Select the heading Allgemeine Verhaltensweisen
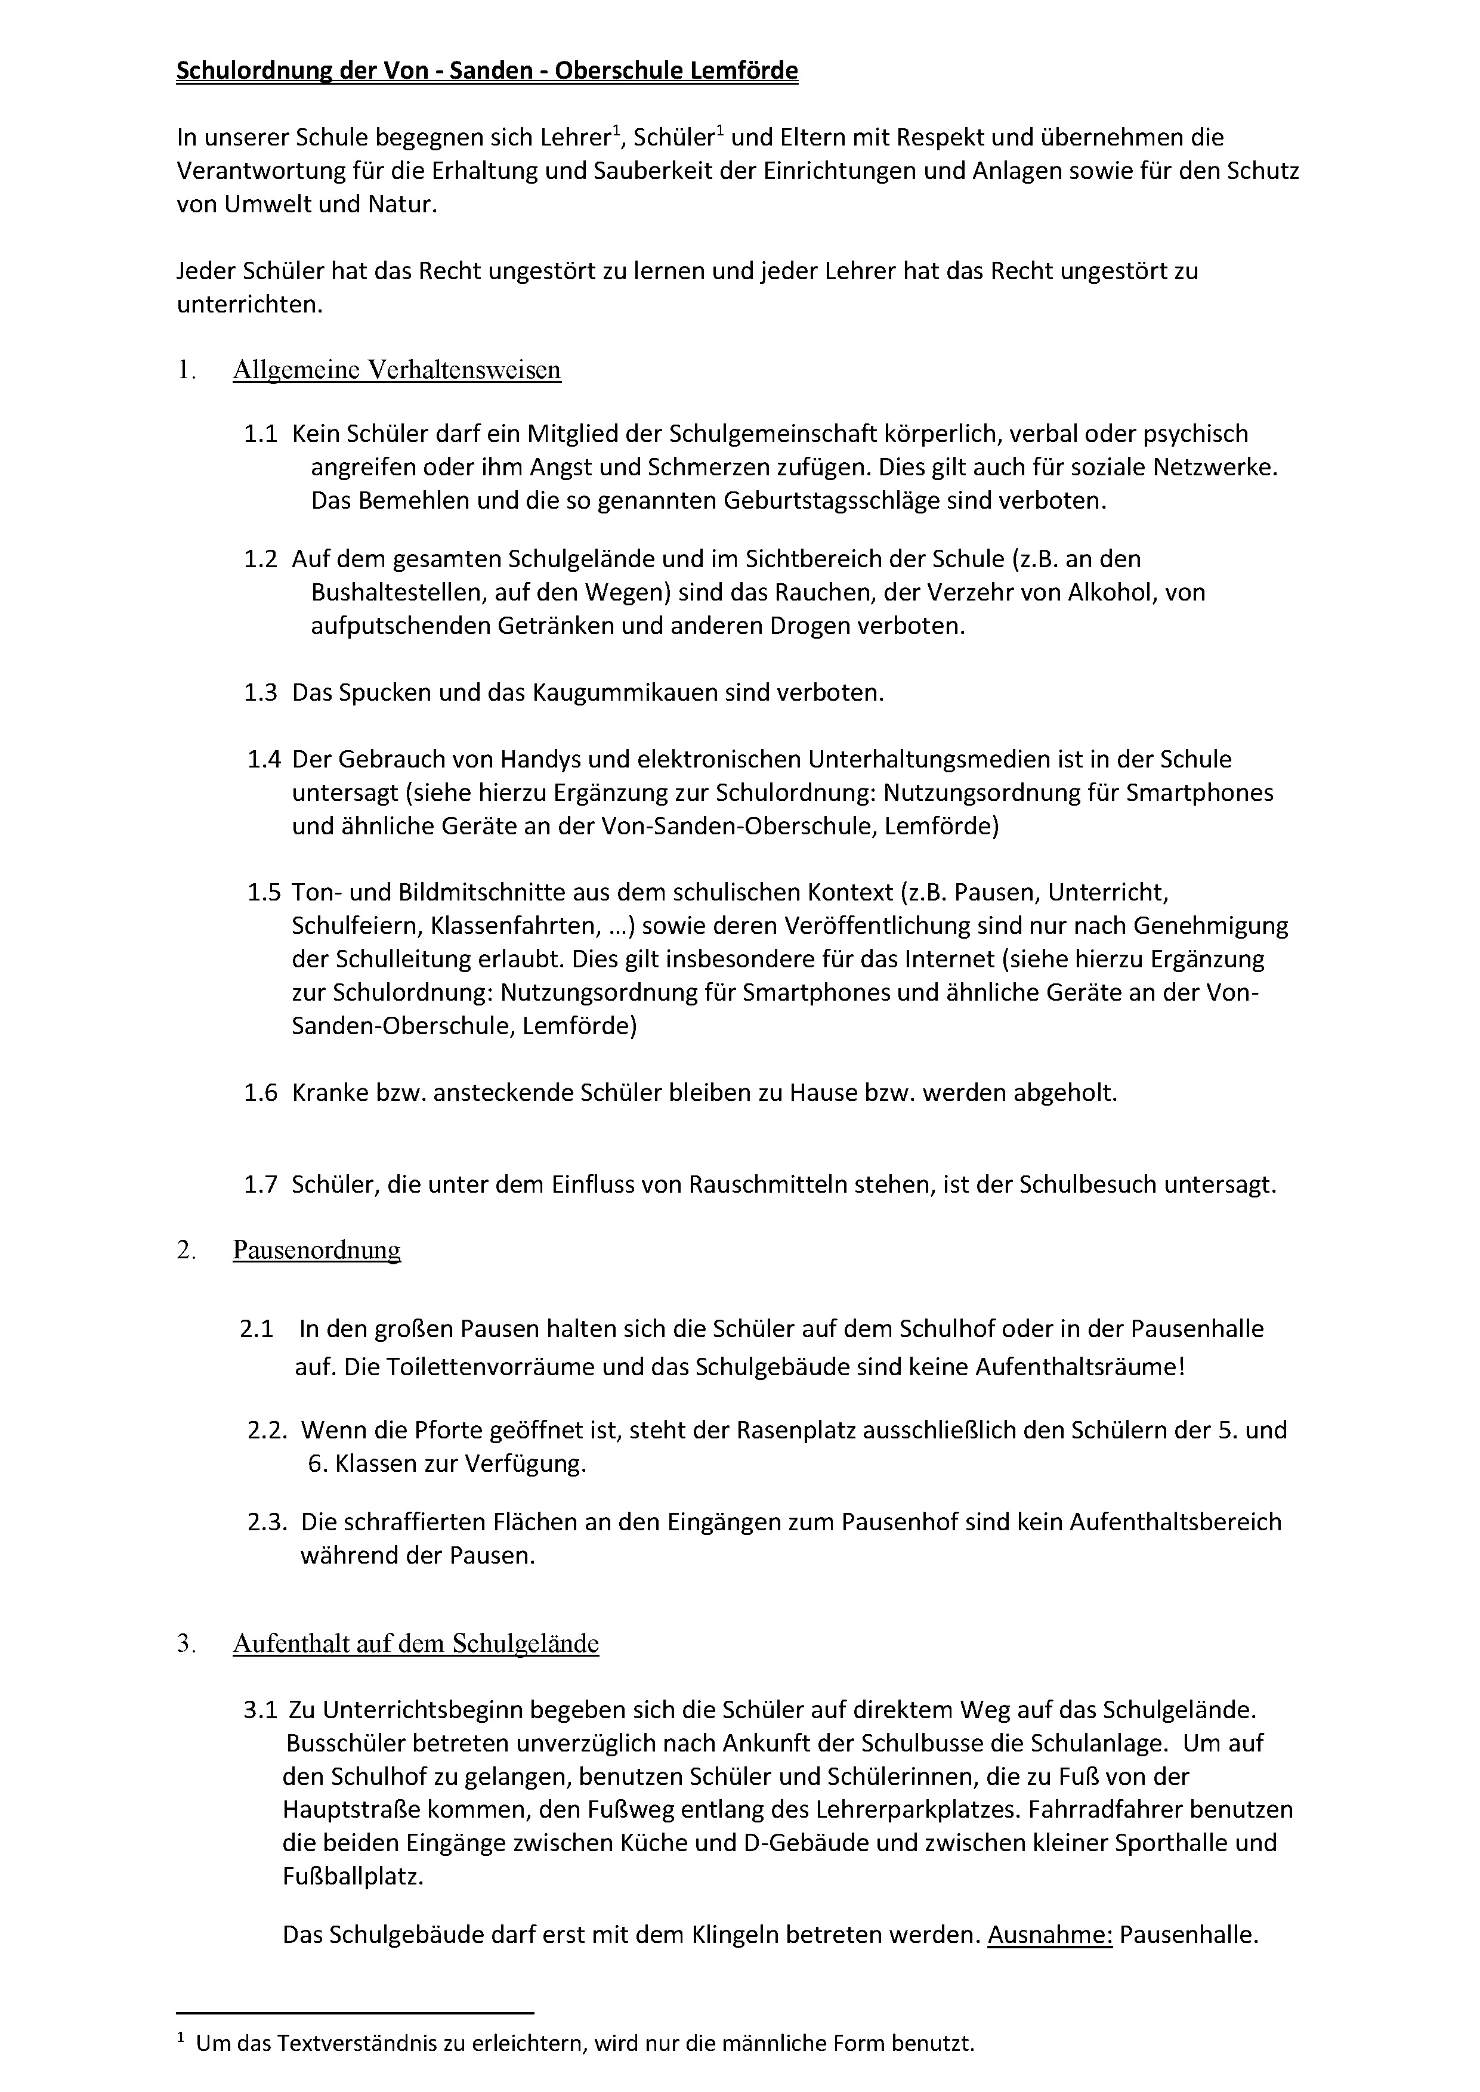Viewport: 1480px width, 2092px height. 397,370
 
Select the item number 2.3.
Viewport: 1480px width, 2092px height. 267,1522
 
